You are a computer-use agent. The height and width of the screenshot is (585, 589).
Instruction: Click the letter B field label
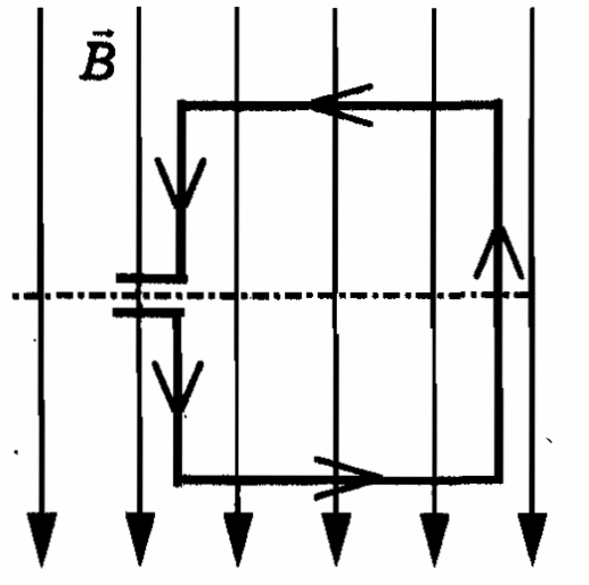(x=98, y=61)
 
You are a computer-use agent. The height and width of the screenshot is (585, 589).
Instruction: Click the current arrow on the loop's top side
(x=341, y=105)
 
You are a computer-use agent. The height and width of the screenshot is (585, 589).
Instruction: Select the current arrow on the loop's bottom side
(x=348, y=479)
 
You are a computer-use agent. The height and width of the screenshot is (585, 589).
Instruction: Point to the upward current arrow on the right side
(x=499, y=252)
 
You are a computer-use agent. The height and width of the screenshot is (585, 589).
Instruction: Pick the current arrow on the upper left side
(x=181, y=183)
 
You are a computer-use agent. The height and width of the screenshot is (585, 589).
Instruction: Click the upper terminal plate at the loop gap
(x=152, y=278)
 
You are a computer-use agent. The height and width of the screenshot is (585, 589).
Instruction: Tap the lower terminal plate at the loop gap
(x=149, y=312)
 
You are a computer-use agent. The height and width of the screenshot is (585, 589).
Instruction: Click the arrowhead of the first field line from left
(x=42, y=538)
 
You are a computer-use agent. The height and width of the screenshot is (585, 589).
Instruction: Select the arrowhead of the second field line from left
(x=140, y=538)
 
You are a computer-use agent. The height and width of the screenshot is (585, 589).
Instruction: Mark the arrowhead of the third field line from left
(x=237, y=538)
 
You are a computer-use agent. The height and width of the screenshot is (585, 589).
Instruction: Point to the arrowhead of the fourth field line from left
(x=336, y=538)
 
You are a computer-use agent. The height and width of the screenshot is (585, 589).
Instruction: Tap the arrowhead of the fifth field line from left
(x=434, y=538)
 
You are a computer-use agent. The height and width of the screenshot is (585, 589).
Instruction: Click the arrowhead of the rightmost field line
(x=532, y=538)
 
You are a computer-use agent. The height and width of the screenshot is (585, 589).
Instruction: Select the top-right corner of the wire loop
(x=499, y=104)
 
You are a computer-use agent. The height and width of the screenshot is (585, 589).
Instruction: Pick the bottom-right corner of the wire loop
(x=499, y=479)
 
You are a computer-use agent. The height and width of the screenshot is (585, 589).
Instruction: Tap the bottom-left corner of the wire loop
(x=178, y=480)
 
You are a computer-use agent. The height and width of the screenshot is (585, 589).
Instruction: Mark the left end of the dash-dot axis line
(x=14, y=296)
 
